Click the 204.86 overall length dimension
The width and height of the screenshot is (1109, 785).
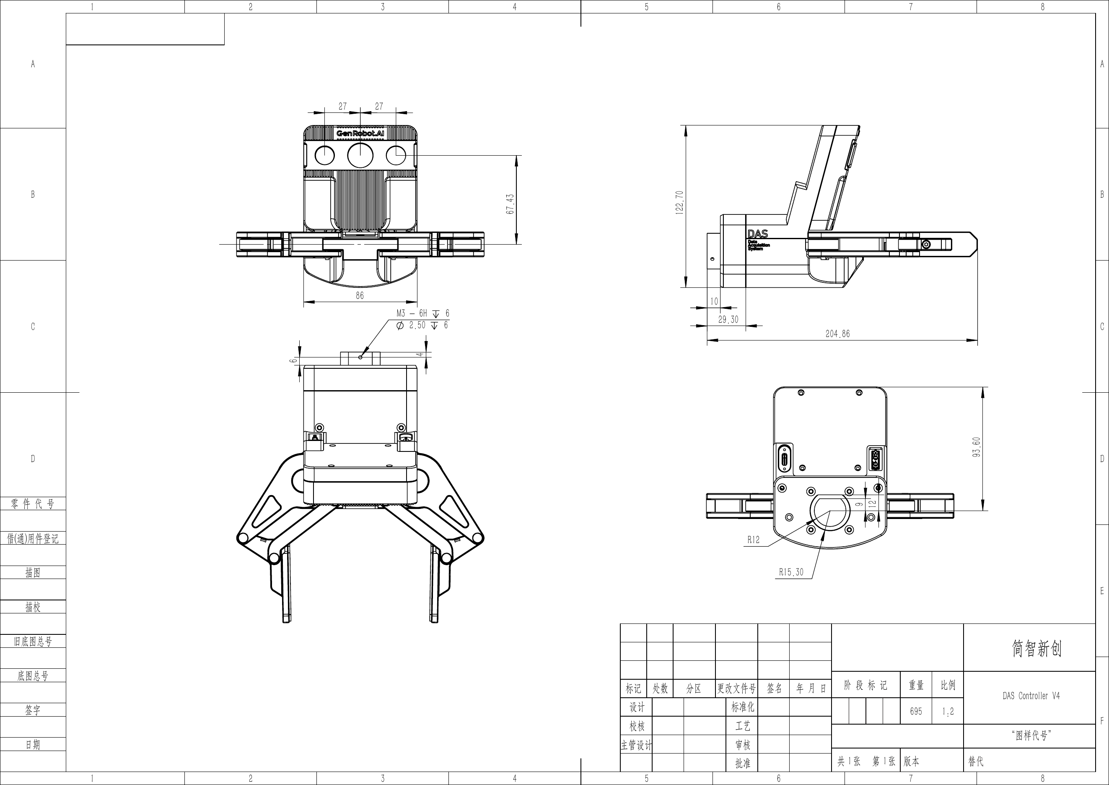coord(837,334)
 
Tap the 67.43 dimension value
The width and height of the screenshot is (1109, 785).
coord(510,204)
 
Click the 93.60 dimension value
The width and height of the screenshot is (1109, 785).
coord(977,447)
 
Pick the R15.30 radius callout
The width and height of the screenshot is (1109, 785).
coord(791,572)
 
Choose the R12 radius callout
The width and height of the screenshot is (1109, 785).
coord(754,540)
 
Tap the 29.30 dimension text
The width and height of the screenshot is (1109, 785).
coord(728,320)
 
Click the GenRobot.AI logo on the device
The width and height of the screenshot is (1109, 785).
coord(360,133)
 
